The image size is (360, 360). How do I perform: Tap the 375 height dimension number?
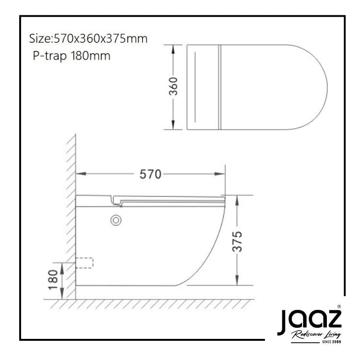237,241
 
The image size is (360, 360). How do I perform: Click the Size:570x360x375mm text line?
88,38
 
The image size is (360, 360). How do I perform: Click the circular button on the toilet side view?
116,220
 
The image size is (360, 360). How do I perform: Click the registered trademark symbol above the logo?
339,306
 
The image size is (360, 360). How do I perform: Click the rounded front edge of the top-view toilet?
326,87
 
